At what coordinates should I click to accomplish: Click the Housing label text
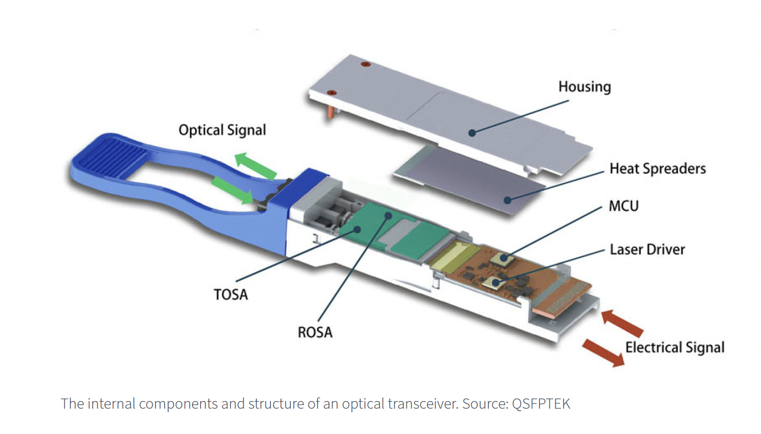(x=584, y=87)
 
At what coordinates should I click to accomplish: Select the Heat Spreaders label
(x=657, y=168)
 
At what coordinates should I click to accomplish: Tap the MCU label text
(x=623, y=206)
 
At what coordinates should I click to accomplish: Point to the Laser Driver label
(x=647, y=249)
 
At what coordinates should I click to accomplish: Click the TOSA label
(x=231, y=295)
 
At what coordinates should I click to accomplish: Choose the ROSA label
(x=315, y=333)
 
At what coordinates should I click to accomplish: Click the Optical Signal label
(x=222, y=130)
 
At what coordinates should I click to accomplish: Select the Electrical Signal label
(x=674, y=348)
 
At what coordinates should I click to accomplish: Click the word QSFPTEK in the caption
(x=541, y=404)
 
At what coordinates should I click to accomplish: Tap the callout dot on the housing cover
(x=472, y=133)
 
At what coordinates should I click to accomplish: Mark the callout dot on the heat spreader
(x=507, y=200)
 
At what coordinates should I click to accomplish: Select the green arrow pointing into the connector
(x=233, y=191)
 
